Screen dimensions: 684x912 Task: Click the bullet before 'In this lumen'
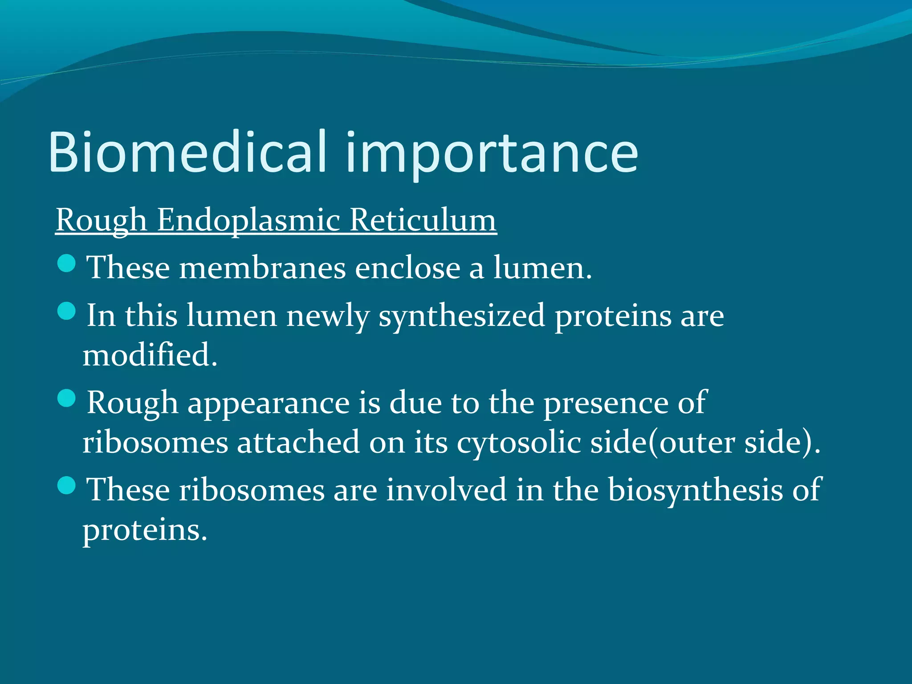[67, 311]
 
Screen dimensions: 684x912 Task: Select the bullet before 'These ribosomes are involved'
[67, 485]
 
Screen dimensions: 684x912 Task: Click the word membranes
[263, 269]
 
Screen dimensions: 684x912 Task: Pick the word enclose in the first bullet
[407, 269]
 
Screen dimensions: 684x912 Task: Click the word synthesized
[462, 316]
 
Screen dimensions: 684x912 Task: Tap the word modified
[149, 355]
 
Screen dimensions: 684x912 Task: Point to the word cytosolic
[519, 444]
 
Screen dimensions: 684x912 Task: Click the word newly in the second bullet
[328, 316]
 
